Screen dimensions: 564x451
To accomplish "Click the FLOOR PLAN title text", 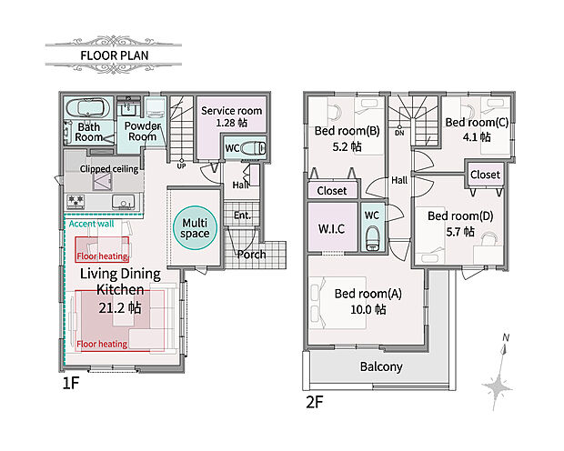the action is tap(115, 55).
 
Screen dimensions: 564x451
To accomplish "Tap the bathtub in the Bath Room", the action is tap(87, 108).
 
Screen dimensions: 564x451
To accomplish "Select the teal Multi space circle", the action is tap(195, 227).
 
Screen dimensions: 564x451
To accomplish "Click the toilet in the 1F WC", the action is tap(253, 148).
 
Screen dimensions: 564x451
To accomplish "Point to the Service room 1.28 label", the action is tap(232, 116).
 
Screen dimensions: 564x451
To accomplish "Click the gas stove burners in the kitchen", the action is tap(76, 201).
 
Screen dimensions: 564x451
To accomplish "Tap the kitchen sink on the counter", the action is tap(124, 202).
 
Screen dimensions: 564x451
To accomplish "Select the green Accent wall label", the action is tap(91, 224).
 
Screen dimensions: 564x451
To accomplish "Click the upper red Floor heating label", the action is tap(102, 256).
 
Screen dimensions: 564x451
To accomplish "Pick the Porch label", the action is tap(251, 255).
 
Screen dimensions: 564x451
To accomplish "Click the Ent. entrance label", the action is tap(242, 215).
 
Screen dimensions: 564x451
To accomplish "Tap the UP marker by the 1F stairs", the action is tap(181, 165).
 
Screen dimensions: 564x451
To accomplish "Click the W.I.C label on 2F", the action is tap(332, 229).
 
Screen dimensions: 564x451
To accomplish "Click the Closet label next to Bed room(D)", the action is tap(485, 175).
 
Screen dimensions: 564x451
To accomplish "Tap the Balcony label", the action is tap(381, 366).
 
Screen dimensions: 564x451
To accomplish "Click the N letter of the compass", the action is tap(506, 337).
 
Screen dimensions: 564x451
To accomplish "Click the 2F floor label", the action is tap(315, 402).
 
